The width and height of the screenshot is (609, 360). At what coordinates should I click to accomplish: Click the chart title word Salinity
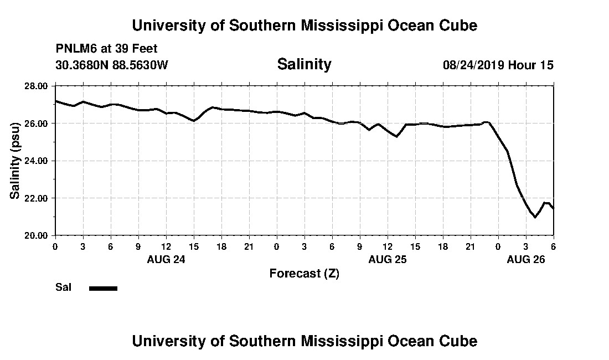coord(304,64)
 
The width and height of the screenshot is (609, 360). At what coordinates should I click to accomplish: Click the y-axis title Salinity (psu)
coord(15,161)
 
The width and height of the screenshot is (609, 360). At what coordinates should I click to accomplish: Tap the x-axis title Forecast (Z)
coord(304,273)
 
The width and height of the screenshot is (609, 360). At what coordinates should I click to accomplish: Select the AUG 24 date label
coord(166,259)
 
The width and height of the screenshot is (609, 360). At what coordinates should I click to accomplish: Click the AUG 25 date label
coord(388,259)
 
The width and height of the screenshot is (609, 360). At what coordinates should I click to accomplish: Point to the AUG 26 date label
coord(526,259)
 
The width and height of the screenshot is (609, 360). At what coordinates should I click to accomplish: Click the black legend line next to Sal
coord(103,288)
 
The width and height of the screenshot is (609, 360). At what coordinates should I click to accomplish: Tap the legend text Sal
coord(63,287)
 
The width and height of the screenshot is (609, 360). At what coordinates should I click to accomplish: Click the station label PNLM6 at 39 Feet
coord(106,49)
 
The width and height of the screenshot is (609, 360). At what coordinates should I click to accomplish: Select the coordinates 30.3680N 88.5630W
coord(111,65)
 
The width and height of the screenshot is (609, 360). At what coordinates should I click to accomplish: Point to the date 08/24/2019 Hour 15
coord(498,65)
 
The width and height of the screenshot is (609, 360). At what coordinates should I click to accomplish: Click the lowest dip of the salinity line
coord(535,217)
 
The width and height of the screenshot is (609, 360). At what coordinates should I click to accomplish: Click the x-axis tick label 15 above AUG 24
coord(193,246)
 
